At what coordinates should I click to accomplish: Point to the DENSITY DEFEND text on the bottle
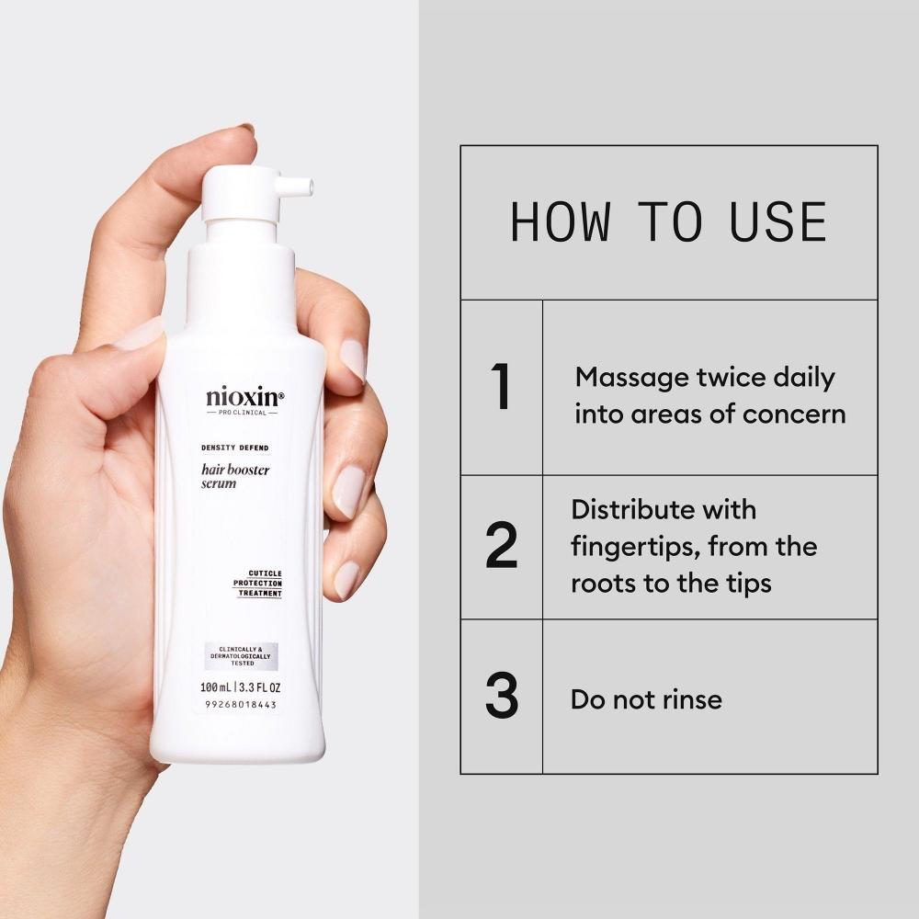click(233, 448)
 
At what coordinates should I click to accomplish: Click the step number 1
click(502, 388)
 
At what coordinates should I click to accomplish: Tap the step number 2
click(502, 547)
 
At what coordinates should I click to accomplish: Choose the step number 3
click(502, 698)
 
